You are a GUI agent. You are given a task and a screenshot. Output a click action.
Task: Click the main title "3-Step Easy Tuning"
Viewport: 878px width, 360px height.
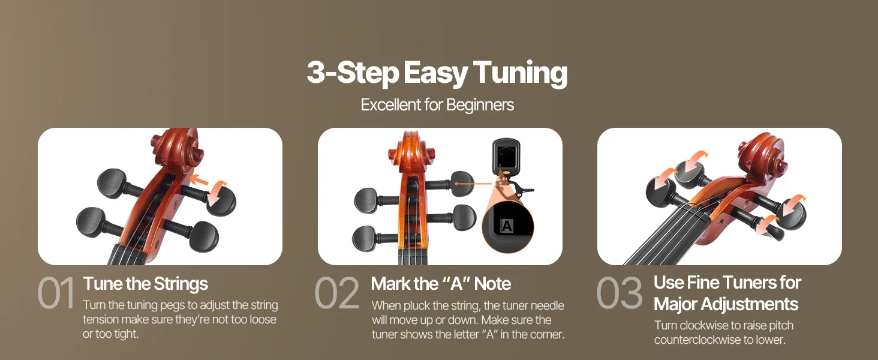tap(437, 73)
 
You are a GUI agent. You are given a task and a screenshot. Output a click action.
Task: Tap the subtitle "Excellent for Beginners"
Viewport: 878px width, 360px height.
tap(437, 105)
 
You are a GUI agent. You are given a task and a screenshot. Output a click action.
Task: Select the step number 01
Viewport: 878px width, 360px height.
tap(56, 293)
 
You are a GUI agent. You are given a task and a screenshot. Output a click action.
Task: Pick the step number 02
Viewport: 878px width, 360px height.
tap(336, 293)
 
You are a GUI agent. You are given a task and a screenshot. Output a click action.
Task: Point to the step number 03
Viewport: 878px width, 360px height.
tap(619, 293)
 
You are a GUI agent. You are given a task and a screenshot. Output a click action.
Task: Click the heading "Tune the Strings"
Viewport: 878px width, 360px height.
tap(145, 284)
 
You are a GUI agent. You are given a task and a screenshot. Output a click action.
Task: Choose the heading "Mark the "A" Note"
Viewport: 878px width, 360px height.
tap(441, 284)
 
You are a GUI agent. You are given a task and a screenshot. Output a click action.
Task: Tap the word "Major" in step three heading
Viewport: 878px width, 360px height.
tap(675, 304)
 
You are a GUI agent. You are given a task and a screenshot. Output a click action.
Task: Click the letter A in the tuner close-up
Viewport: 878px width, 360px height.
tap(507, 226)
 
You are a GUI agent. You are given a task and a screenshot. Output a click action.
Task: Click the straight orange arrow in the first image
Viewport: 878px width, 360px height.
tap(199, 181)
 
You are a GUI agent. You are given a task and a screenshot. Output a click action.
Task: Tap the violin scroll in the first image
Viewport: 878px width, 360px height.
tap(178, 148)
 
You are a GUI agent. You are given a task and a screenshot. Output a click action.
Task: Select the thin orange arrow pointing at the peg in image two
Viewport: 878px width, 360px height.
tap(473, 184)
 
